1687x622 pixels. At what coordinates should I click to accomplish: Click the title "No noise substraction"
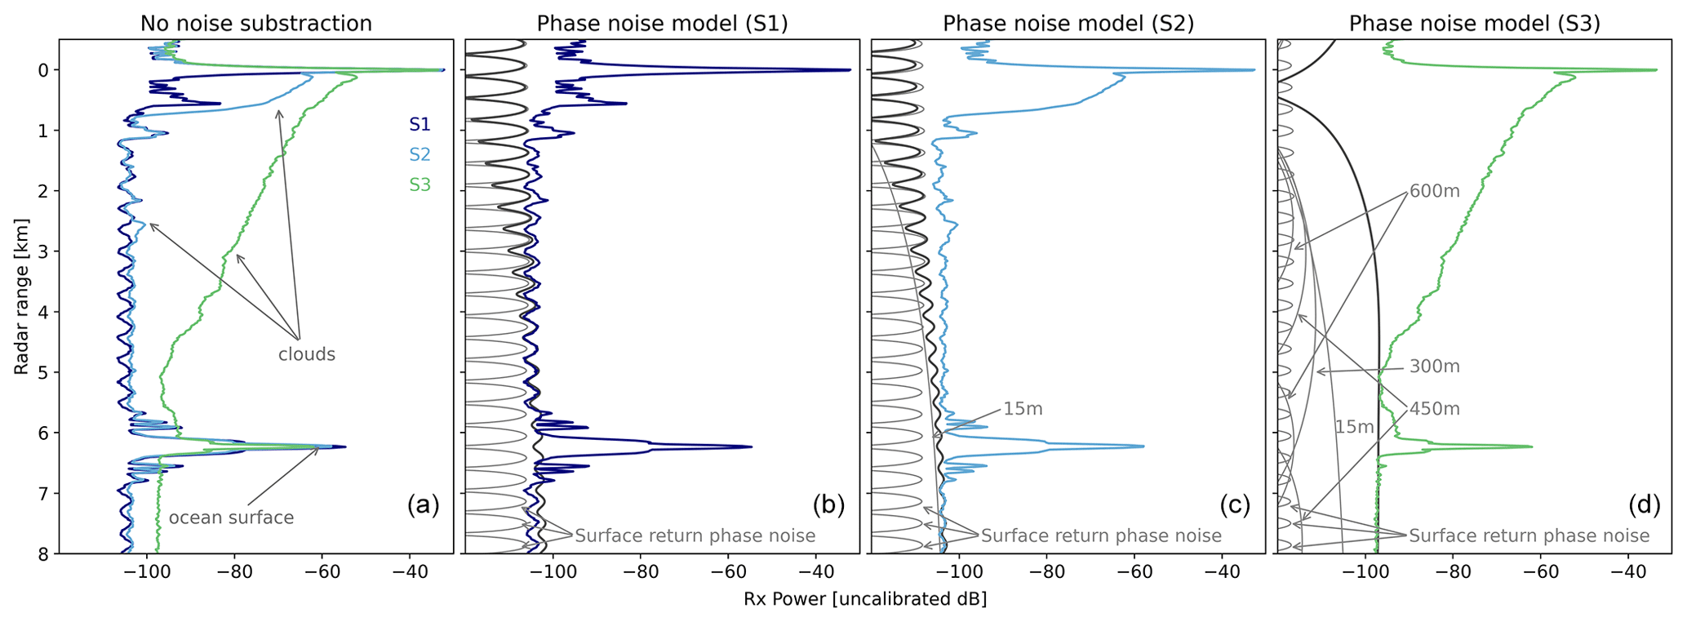(x=255, y=24)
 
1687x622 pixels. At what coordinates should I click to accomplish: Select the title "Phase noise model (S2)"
(x=1068, y=24)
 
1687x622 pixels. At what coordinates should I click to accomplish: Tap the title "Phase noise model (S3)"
(x=1474, y=24)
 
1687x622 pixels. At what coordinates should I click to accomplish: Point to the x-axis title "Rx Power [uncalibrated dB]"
(x=865, y=599)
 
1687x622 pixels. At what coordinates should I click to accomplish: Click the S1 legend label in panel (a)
(x=420, y=125)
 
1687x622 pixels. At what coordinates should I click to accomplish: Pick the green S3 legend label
(x=420, y=185)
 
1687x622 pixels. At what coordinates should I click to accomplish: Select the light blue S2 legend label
(x=420, y=155)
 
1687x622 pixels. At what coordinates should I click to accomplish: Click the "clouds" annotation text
(x=307, y=354)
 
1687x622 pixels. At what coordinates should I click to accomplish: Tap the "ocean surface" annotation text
(x=231, y=518)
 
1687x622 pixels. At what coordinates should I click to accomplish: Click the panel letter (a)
(x=423, y=506)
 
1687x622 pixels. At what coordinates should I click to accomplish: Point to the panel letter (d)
(x=1644, y=506)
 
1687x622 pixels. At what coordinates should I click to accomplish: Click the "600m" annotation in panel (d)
(x=1434, y=192)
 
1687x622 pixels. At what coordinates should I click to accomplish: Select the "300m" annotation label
(x=1434, y=367)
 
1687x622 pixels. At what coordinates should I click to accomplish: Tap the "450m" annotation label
(x=1434, y=409)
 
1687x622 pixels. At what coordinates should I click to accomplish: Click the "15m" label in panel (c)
(x=1023, y=409)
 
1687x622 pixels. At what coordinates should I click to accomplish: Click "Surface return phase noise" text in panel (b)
(x=695, y=535)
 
